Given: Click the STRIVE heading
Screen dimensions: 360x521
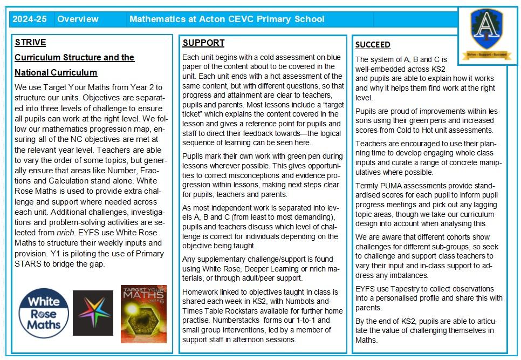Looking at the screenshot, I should (x=30, y=43).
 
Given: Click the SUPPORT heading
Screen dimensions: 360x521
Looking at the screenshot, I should (x=203, y=43).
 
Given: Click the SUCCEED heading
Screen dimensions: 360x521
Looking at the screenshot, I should (x=373, y=45).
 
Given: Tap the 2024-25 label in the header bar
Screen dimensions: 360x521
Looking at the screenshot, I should (x=30, y=19).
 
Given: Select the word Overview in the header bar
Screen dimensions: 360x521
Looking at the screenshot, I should (x=78, y=19).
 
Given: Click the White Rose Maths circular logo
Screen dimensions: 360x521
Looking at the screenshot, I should (x=43, y=313).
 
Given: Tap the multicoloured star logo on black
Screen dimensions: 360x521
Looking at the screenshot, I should (x=93, y=313).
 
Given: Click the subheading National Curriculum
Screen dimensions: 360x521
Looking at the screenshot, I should (x=56, y=72).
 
